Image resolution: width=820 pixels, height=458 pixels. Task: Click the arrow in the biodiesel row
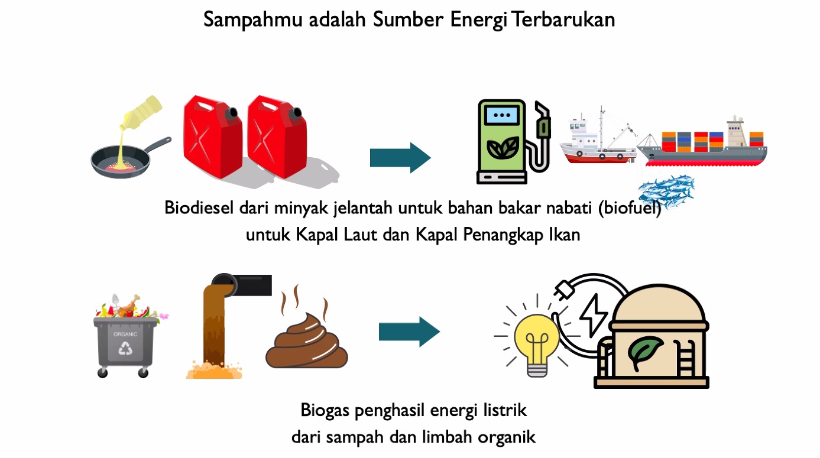point(400,158)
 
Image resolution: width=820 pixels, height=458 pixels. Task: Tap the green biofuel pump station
point(501,142)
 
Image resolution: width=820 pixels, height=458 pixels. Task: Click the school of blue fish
point(667,191)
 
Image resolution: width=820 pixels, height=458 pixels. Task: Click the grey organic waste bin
point(126,345)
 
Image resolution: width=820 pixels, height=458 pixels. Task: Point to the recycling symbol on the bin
point(126,349)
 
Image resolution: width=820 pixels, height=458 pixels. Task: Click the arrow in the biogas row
point(409,332)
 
